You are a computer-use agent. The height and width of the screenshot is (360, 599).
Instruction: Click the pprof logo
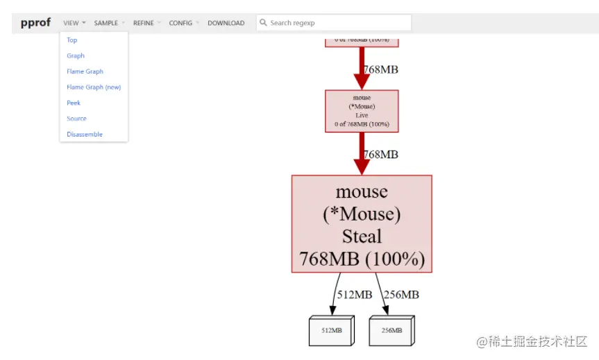(x=35, y=22)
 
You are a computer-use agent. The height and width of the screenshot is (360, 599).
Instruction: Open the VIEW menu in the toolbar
(x=74, y=23)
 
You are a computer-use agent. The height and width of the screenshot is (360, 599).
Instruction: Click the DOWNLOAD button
(x=226, y=23)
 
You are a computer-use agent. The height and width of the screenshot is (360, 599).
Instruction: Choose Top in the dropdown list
(x=72, y=40)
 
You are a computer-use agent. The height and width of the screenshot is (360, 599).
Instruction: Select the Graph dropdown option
(x=76, y=55)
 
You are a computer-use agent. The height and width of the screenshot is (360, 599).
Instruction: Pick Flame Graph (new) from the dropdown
(x=94, y=87)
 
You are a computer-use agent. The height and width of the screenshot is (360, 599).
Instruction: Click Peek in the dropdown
(x=74, y=103)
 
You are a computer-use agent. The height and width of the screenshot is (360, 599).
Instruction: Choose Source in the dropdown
(x=76, y=119)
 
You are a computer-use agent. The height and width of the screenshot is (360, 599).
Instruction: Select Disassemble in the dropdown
(x=85, y=135)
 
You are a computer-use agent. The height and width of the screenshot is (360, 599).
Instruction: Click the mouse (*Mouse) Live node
(x=362, y=111)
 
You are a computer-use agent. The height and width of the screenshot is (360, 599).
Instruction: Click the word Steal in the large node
(x=362, y=236)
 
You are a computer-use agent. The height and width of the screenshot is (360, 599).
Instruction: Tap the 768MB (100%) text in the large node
(x=362, y=259)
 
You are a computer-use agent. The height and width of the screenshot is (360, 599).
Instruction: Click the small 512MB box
(x=330, y=331)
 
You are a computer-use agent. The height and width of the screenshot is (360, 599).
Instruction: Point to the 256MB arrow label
(x=401, y=295)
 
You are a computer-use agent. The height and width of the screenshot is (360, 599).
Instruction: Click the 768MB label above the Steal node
(x=381, y=154)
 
